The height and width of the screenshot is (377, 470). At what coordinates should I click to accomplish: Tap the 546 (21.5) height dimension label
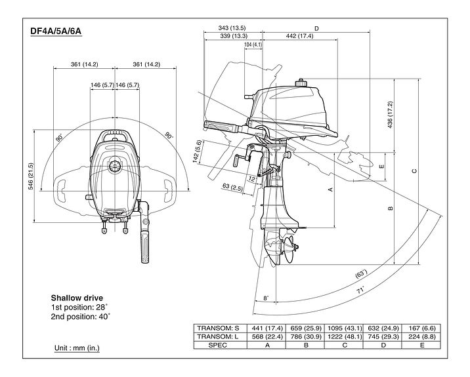(x=30, y=176)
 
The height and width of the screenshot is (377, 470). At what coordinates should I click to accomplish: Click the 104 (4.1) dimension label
(x=253, y=45)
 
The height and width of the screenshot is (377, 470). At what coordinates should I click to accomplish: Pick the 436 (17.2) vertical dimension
(x=390, y=114)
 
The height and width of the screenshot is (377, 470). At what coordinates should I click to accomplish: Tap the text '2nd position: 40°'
(x=81, y=317)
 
